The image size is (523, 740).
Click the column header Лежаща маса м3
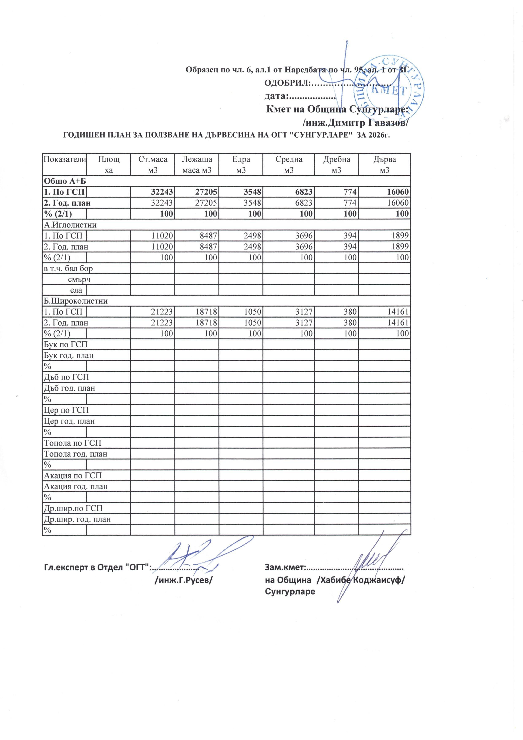(197, 164)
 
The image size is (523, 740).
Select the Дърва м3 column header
(384, 164)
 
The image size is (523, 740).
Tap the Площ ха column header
(109, 164)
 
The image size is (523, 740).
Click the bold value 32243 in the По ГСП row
(162, 192)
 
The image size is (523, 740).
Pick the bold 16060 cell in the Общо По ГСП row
(397, 192)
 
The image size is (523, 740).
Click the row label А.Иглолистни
(70, 225)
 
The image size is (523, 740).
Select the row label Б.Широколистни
(75, 301)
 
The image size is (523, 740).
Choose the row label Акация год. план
(75, 486)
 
